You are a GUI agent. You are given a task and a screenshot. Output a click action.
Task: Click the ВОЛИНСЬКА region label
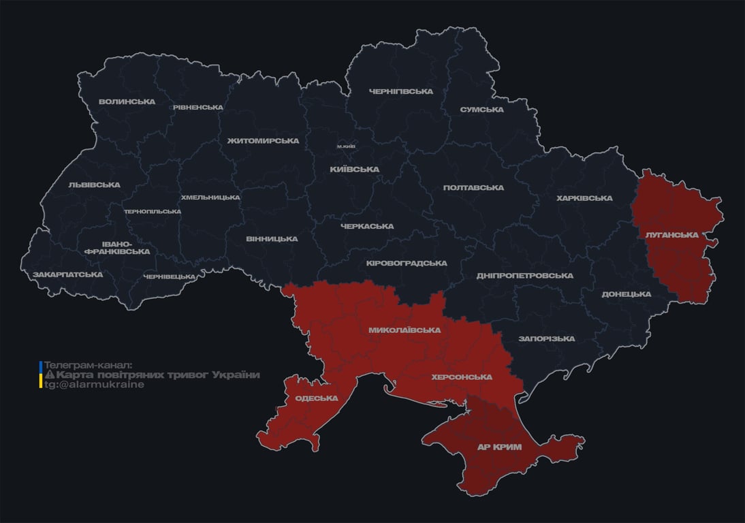[127, 102]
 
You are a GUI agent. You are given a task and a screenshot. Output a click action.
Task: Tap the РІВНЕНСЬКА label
[197, 108]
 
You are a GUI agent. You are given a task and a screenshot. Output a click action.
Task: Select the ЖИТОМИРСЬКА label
[263, 141]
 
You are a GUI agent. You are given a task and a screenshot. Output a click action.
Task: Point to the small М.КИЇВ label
[346, 146]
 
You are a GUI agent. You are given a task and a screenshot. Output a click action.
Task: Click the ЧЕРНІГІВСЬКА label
[401, 91]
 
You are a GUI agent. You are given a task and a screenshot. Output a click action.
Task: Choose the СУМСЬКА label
[481, 110]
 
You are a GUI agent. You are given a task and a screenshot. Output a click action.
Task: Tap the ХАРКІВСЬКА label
[584, 198]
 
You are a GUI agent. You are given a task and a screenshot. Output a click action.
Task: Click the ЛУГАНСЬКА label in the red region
[672, 235]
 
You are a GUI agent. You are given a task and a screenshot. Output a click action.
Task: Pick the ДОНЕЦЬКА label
[626, 294]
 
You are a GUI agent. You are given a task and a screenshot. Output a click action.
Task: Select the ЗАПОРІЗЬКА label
[546, 338]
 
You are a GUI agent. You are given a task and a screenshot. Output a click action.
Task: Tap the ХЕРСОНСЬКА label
[462, 377]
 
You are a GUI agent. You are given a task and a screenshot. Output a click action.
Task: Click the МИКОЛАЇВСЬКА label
[405, 330]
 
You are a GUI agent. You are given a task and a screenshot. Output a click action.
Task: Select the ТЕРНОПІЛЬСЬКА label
[153, 212]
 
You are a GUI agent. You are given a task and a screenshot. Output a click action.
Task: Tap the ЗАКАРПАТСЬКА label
[68, 275]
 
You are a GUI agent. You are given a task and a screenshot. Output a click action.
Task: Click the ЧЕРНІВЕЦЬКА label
[170, 276]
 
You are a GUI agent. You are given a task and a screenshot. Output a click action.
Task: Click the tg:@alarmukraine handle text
[95, 385]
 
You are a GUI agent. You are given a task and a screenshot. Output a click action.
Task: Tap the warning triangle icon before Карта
[50, 375]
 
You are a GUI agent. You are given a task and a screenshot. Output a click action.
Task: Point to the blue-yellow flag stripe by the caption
[41, 375]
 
